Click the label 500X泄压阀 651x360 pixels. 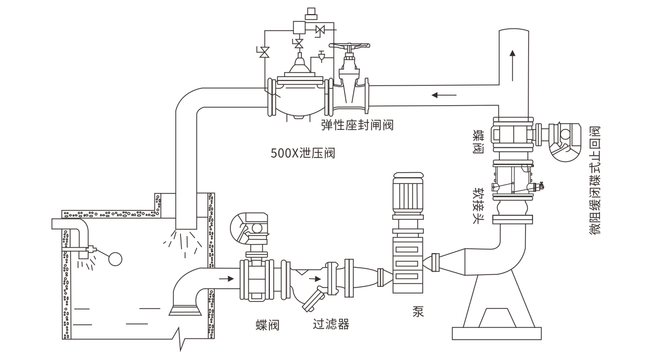(302, 152)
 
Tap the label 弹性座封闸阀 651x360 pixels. (357, 124)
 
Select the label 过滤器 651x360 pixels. (331, 325)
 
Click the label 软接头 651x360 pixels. (478, 205)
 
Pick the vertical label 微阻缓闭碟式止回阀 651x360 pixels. (595, 179)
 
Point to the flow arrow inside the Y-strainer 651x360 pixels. (318, 278)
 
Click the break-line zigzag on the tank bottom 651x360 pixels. (181, 339)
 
